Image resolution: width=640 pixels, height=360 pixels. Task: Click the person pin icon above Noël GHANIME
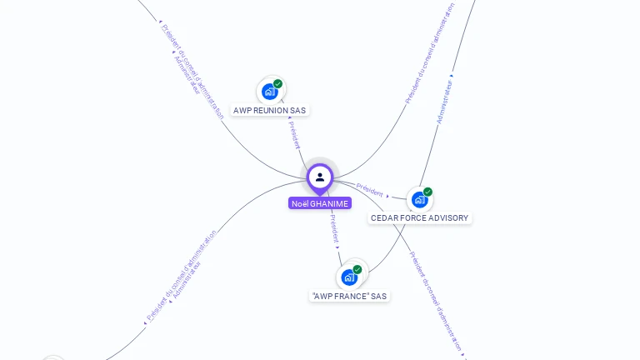(320, 177)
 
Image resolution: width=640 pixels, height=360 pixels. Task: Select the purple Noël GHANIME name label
(320, 203)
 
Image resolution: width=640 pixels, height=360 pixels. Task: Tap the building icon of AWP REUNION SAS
(269, 92)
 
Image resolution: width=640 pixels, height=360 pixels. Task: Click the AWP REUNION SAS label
(269, 110)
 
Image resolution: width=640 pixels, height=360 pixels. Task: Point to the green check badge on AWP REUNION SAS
(277, 83)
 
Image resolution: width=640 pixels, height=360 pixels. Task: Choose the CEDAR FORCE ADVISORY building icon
(419, 200)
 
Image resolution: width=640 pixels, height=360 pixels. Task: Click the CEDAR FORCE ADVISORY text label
(420, 218)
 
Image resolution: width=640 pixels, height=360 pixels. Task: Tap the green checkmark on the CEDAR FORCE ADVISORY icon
(427, 192)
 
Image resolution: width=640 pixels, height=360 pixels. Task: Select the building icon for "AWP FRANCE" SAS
(349, 277)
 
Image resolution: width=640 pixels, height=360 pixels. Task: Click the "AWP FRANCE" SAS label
(349, 296)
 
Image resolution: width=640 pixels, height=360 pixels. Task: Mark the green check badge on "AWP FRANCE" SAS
(357, 269)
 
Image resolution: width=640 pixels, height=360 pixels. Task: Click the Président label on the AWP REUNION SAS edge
(294, 134)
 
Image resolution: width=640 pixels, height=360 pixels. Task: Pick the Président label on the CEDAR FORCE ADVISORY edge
(369, 188)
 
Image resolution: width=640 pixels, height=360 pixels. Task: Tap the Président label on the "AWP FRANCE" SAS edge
(333, 227)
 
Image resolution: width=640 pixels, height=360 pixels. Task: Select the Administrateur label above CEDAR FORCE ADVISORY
(444, 102)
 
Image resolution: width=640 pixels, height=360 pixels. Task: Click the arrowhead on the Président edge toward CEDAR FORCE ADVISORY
(388, 197)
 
